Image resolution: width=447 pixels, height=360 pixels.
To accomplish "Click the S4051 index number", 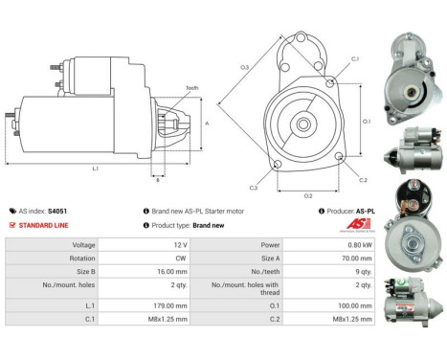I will (x=57, y=211).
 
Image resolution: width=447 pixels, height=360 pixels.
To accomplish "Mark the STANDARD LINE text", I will (x=44, y=225).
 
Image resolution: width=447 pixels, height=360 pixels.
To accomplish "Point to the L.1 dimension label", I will (x=95, y=169).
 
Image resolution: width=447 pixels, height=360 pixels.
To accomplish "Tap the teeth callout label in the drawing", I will (x=192, y=88).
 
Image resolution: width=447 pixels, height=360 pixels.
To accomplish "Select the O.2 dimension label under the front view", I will (x=308, y=195).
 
